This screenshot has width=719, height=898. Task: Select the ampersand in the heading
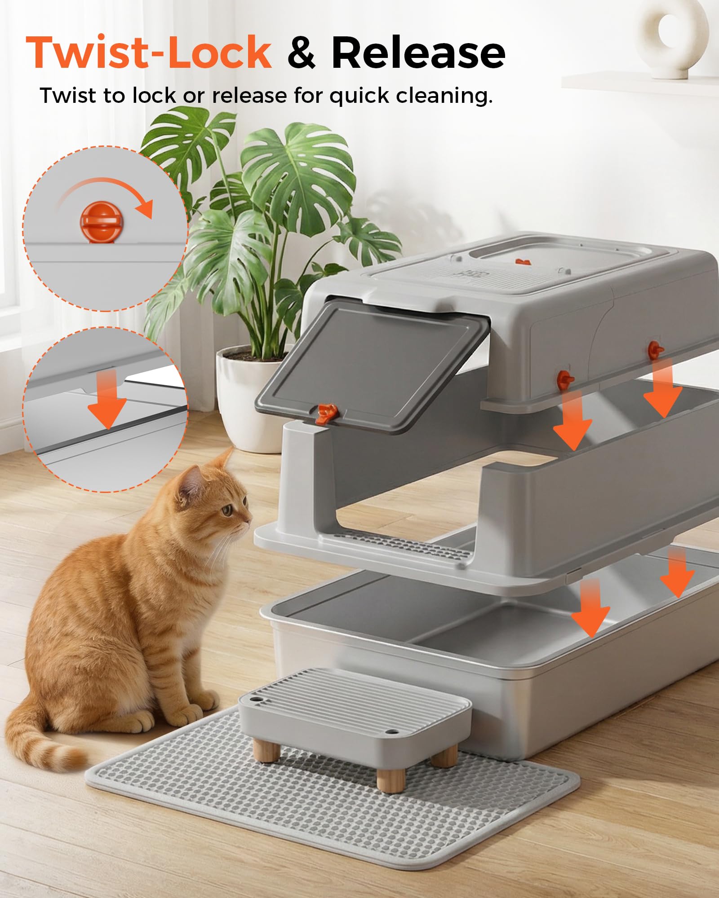302,53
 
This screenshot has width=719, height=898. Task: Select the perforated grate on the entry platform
404,546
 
